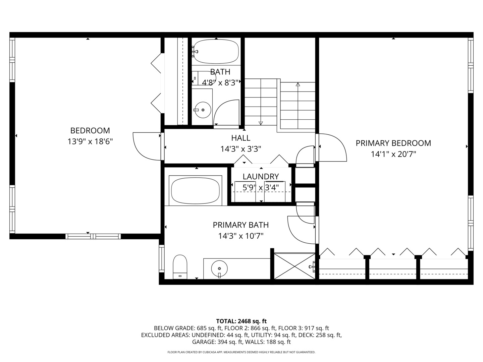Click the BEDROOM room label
coord(90,130)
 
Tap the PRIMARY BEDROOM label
coord(393,143)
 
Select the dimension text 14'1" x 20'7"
coord(393,154)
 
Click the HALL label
coord(240,138)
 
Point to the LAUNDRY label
coord(261,176)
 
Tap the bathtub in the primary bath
coord(196,190)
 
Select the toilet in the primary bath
coord(180,266)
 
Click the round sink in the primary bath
coord(219,268)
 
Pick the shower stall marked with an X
coord(294,266)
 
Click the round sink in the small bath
coord(203,110)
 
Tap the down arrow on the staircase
coord(261,123)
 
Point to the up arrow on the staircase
coord(298,84)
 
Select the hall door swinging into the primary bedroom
coord(332,147)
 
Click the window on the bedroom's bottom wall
coord(93,236)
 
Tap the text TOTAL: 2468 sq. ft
coord(241,321)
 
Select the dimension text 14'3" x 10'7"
coord(240,236)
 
